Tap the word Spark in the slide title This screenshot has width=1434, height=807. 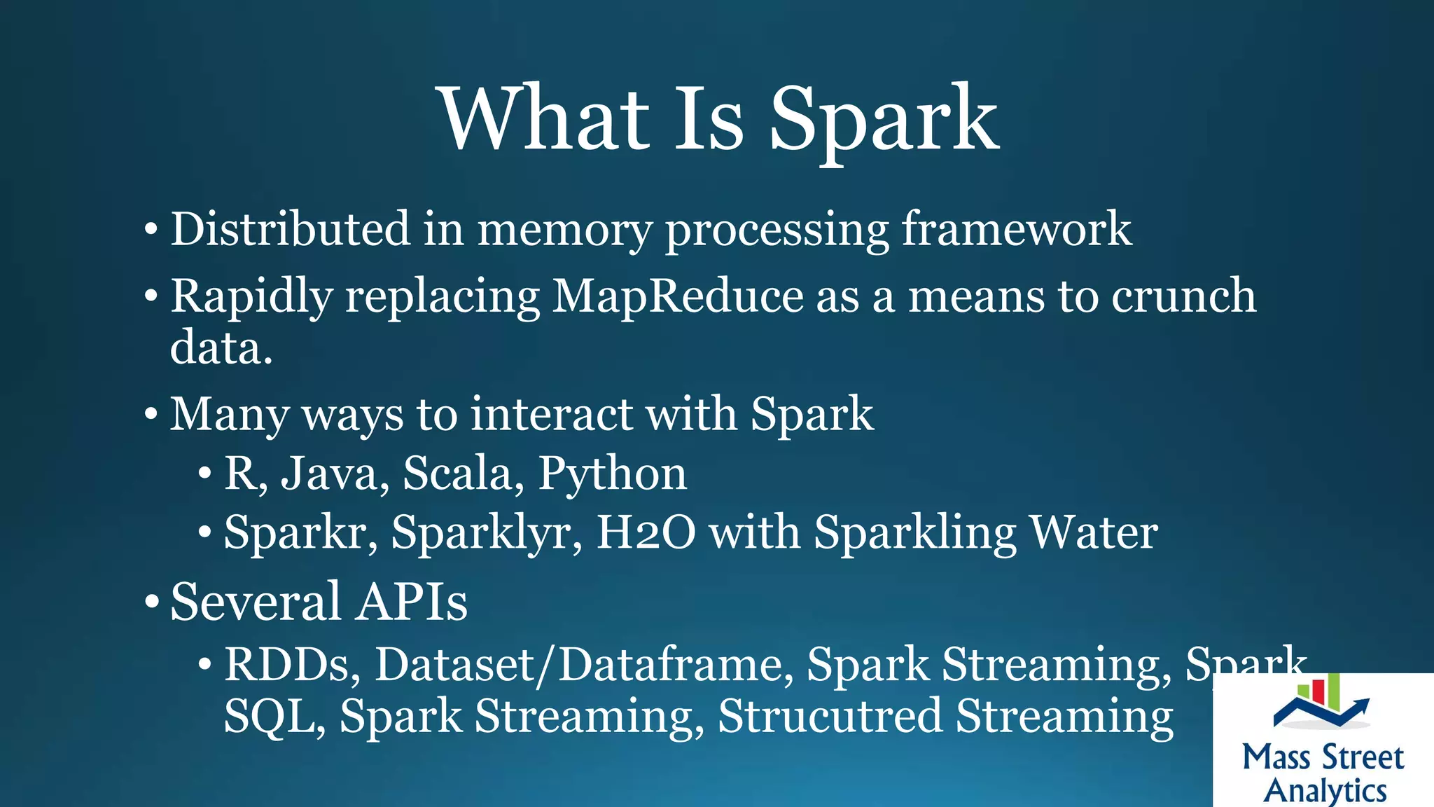pyautogui.click(x=884, y=120)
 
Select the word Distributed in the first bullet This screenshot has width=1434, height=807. pyautogui.click(x=290, y=228)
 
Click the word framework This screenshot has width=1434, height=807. pyautogui.click(x=1016, y=228)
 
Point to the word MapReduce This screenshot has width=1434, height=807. pyautogui.click(x=677, y=296)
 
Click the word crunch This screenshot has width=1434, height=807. pyautogui.click(x=1183, y=296)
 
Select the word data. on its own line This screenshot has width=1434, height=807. pyautogui.click(x=221, y=347)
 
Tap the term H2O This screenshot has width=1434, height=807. pyautogui.click(x=646, y=532)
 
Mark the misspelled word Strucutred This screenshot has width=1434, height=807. pyautogui.click(x=830, y=716)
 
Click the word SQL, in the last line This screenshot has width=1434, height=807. pyautogui.click(x=274, y=717)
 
